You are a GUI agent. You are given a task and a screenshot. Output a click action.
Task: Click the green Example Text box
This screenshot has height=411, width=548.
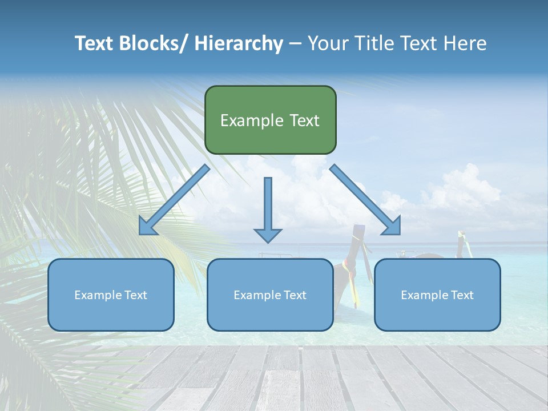(x=270, y=120)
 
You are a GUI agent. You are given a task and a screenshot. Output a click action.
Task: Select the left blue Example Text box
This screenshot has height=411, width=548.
(x=111, y=295)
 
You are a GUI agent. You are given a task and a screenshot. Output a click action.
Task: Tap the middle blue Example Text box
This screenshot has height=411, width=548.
(x=270, y=295)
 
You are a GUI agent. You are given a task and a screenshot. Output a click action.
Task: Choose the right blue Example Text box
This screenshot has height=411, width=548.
(x=437, y=295)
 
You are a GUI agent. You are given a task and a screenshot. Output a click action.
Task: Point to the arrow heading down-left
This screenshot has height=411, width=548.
(x=174, y=200)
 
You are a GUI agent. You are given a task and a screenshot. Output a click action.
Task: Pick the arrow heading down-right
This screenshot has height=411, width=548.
(x=365, y=200)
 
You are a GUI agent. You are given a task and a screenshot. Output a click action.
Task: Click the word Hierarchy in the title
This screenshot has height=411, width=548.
(x=239, y=43)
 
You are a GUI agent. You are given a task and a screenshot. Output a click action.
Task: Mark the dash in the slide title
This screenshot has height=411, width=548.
(x=295, y=43)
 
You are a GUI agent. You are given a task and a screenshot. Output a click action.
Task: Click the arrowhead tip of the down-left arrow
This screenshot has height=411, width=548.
(x=140, y=233)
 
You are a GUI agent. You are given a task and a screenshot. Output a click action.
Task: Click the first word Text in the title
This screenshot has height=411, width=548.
(x=95, y=43)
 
